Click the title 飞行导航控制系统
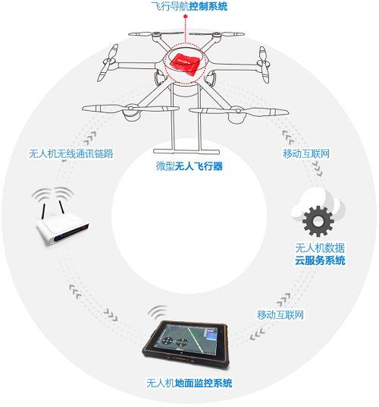coord(189,6)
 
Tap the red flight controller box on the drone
coord(185,63)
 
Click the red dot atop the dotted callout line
coord(185,17)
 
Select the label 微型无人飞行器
coord(189,166)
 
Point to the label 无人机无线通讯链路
coord(71,153)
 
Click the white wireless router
coord(62,223)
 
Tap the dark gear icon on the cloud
coord(318,221)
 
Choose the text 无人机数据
coord(320,248)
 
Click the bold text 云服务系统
coord(320,260)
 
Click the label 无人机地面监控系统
coord(189,383)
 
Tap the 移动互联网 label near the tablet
coord(280,315)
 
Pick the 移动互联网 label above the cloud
coord(306,153)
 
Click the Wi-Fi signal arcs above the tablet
coord(158,312)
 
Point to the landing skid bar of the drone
coord(186,151)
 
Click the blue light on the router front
coord(61,236)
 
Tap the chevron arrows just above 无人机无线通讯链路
coord(90,138)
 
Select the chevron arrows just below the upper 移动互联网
coord(318,169)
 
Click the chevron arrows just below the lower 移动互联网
coord(257,334)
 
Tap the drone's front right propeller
coord(239,112)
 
